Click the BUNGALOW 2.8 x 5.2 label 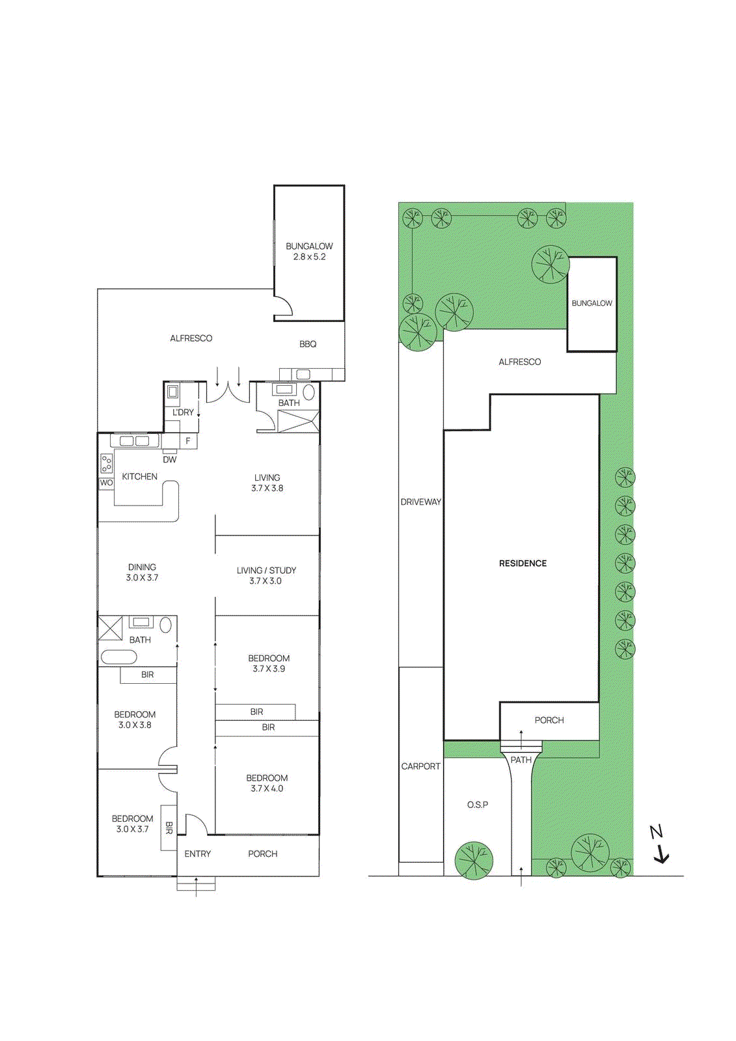tap(309, 251)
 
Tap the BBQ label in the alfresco tap(308, 344)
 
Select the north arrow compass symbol tap(660, 845)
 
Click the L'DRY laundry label tap(183, 412)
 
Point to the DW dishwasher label tap(170, 459)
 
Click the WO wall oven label tap(106, 483)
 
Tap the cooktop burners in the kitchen tap(106, 463)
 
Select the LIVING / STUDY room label tap(266, 575)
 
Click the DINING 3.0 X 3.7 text tap(142, 573)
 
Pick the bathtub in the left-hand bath tap(118, 656)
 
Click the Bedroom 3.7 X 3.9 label tap(269, 664)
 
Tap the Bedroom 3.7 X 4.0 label tap(267, 783)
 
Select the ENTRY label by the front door tap(197, 854)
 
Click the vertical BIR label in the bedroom tap(169, 828)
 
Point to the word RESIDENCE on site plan tap(523, 563)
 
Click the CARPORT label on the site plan tap(420, 766)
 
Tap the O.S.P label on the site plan tap(478, 805)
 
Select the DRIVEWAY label tap(420, 502)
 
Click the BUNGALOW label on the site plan tap(592, 303)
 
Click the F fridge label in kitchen tap(188, 441)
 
